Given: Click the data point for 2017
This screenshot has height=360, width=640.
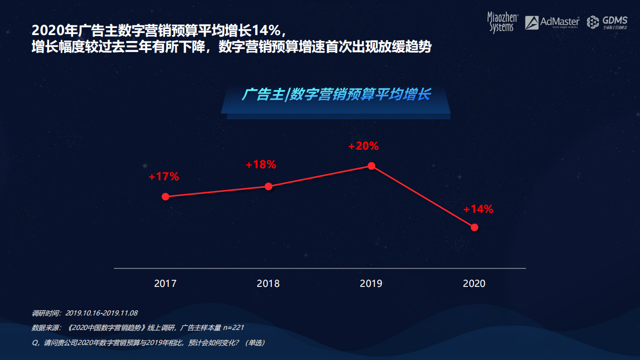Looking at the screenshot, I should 165,197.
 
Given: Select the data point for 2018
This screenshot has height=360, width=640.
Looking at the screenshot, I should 268,186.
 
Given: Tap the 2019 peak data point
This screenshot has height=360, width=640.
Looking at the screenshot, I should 371,166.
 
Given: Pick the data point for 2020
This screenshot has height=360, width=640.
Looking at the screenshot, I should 474,227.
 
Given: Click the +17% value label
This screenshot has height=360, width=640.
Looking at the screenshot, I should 164,177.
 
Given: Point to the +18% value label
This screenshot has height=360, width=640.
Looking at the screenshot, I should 261,165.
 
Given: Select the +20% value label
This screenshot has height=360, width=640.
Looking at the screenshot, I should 364,146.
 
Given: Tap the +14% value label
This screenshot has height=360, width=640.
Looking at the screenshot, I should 478,209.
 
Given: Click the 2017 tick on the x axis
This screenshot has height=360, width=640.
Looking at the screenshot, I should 165,283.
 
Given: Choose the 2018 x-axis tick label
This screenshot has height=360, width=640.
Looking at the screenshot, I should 268,283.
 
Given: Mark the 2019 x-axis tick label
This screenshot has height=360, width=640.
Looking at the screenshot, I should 371,283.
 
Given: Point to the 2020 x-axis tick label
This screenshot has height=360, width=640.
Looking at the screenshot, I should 474,283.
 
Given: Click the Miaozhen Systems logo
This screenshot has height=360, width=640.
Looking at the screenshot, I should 502,22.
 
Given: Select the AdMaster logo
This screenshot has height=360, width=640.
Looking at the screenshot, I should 552,22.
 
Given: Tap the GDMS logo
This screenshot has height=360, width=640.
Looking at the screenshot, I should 606,22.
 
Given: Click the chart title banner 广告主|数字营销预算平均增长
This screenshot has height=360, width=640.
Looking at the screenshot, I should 336,95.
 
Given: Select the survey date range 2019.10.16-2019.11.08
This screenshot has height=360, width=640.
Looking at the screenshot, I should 102,313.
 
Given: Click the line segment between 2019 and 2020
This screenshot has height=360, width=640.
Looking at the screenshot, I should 423,197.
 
